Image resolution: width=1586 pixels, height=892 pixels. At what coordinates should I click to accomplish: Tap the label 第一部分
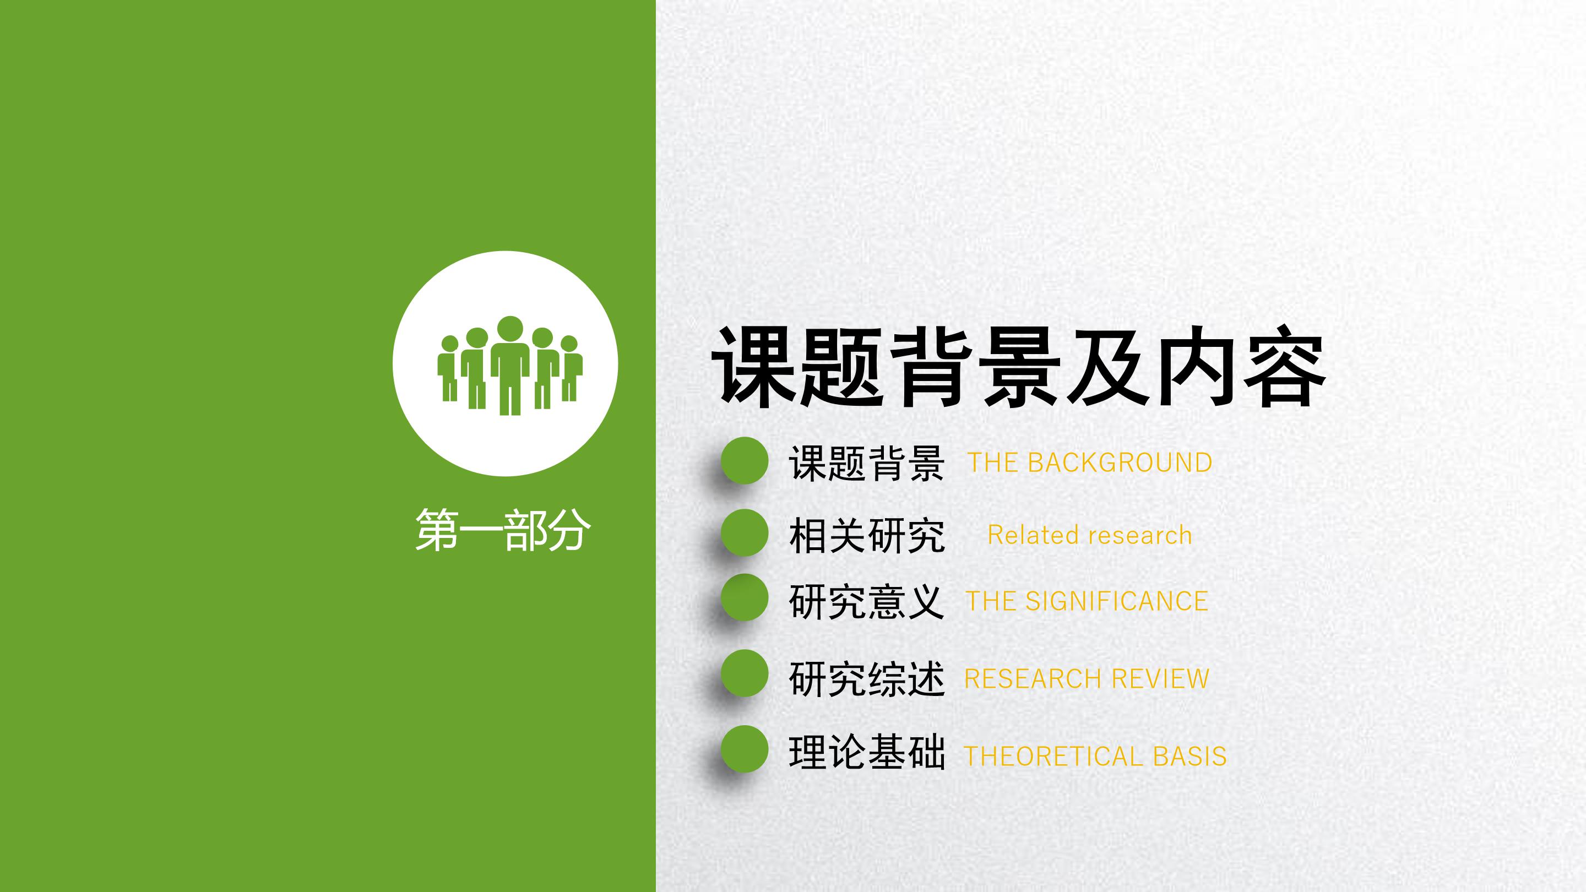coord(503,530)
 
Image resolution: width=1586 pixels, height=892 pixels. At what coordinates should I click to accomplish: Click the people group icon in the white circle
coord(509,365)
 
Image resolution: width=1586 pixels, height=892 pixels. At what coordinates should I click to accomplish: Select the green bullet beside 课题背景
coord(745,460)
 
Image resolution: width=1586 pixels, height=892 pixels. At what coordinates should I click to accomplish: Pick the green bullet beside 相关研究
coord(745,532)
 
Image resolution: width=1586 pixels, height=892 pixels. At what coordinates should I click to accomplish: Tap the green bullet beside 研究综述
coord(745,673)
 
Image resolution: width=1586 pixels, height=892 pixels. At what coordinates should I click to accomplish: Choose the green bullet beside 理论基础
coord(745,749)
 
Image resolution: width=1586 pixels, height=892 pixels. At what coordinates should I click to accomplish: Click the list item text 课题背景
coord(866,464)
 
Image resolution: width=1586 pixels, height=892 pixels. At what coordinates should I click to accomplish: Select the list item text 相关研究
coord(866,536)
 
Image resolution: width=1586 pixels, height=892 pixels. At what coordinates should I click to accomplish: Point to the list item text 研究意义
coord(866,601)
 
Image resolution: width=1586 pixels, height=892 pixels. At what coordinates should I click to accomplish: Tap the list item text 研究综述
coord(866,678)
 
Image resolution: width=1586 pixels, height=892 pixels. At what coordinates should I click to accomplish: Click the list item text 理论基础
coord(866,752)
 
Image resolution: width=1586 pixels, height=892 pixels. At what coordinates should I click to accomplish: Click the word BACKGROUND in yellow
coord(1120,463)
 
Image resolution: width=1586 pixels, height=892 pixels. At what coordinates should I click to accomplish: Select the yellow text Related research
coord(1090,535)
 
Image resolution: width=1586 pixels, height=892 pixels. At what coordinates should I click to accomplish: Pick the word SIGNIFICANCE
coord(1116,601)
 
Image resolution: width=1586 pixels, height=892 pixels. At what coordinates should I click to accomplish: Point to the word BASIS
coord(1189,757)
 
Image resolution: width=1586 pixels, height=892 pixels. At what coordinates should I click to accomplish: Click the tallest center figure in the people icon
coord(510,366)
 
